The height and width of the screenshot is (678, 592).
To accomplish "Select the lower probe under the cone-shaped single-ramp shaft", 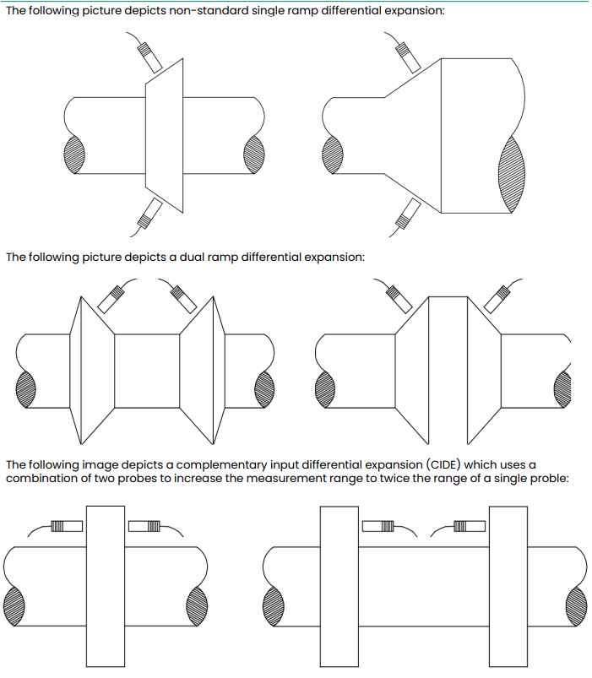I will pyautogui.click(x=408, y=213).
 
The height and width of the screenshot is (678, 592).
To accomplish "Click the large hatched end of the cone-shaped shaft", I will pyautogui.click(x=512, y=173).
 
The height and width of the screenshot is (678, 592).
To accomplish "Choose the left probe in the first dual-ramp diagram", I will pyautogui.click(x=111, y=295).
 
